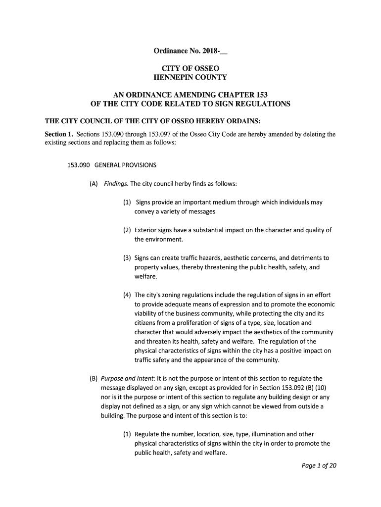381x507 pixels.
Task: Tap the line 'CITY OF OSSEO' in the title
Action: point(190,68)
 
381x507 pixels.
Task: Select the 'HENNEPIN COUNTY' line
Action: point(190,77)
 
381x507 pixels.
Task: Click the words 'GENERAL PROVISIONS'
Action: point(125,165)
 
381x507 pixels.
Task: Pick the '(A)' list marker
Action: point(94,184)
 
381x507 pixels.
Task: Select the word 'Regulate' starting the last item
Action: point(149,434)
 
